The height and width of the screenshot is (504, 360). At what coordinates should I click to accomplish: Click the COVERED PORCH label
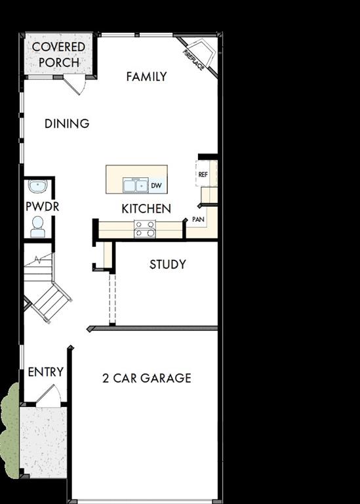coord(58,54)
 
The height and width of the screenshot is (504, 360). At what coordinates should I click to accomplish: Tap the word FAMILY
coord(146,77)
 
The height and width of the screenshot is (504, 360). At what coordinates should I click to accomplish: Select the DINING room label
coord(67,123)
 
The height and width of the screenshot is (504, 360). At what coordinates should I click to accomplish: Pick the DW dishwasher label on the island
coord(156,186)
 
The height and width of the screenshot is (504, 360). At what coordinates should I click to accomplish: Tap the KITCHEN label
coord(146,209)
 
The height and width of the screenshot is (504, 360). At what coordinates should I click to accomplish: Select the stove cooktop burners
coord(145,229)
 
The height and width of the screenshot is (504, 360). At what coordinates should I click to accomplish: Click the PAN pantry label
coord(198,219)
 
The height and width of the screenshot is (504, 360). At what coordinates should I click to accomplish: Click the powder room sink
coord(37,186)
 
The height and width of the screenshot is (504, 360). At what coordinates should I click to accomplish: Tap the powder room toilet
coord(37,226)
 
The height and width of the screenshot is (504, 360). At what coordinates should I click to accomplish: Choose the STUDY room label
coord(167,264)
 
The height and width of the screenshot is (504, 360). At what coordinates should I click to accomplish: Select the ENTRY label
coord(45,372)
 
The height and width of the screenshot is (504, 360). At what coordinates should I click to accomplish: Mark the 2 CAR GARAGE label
coord(147,378)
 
